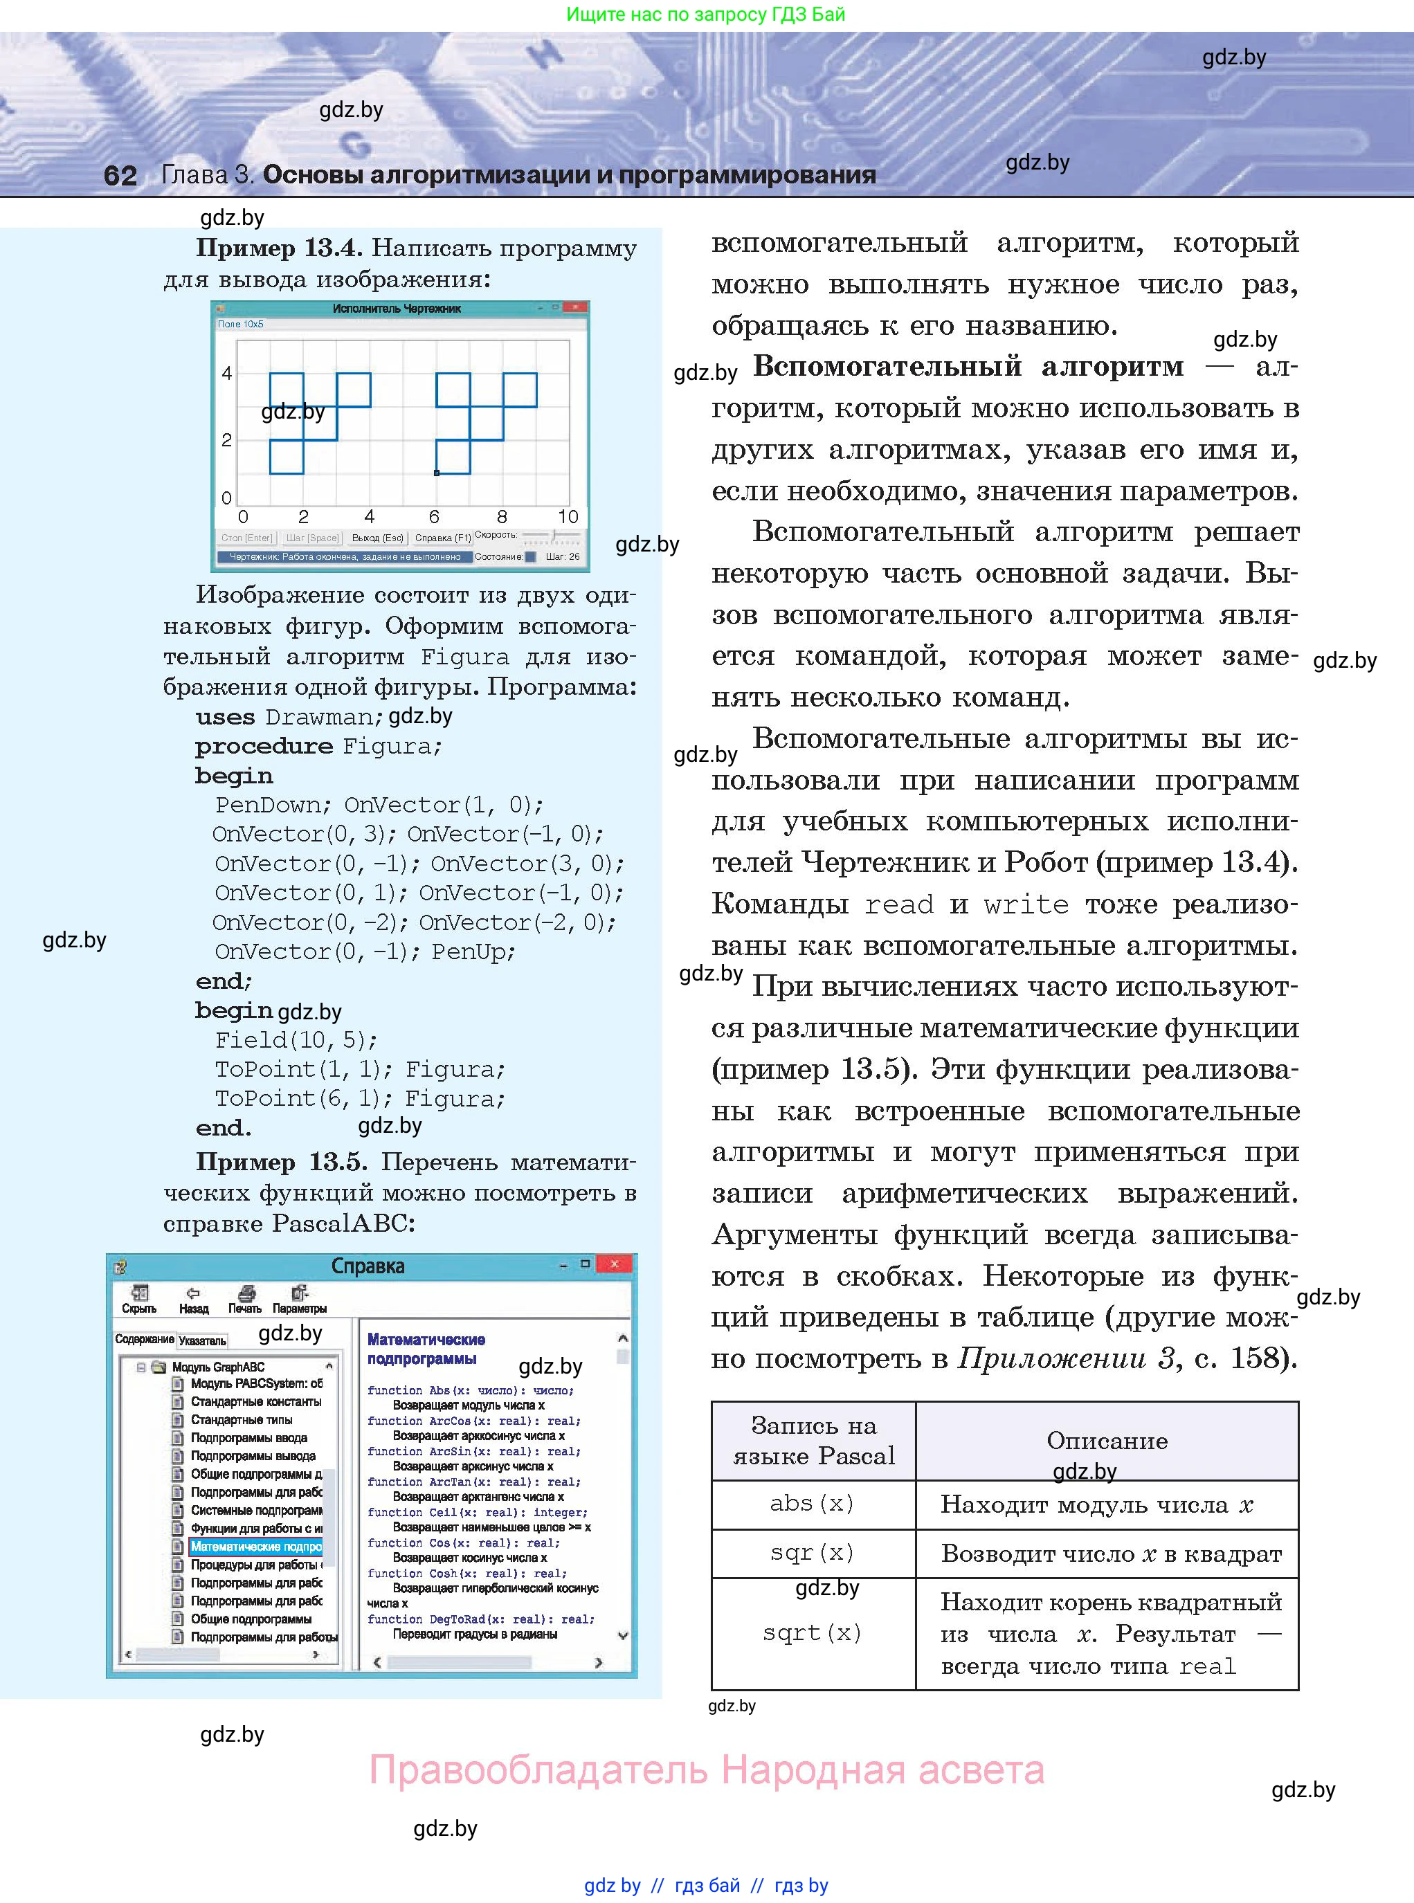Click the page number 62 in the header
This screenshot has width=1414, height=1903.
coord(120,175)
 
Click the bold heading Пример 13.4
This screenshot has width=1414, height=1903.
coord(279,249)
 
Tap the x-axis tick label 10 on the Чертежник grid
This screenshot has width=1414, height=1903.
coord(568,517)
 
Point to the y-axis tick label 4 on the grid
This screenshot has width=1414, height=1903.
coord(227,373)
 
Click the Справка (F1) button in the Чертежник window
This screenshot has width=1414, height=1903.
coord(442,538)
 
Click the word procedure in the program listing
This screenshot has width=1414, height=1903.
coord(264,746)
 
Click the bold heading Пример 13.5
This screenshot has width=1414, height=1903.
coord(282,1162)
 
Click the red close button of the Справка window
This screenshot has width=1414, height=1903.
coord(614,1264)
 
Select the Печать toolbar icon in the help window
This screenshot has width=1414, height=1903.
coord(245,1299)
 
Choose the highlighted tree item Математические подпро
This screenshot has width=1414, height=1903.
coord(256,1546)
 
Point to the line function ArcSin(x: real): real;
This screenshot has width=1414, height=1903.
coord(473,1451)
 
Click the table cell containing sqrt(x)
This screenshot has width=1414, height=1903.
coord(813,1632)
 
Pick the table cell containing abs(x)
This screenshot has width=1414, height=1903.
coord(813,1504)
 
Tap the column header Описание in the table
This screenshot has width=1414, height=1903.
coord(1106,1441)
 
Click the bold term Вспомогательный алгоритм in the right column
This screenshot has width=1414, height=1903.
coord(968,367)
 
